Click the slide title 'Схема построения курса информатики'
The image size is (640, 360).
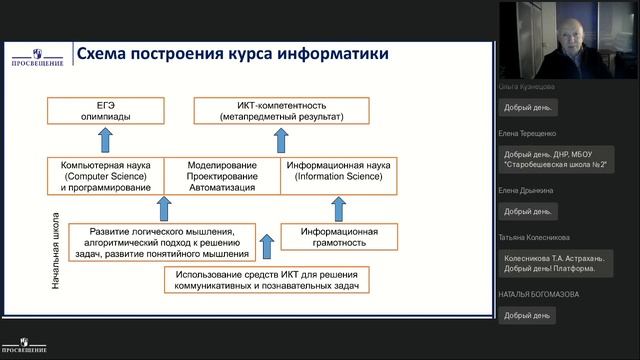[x=232, y=54]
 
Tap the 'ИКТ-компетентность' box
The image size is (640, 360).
[x=281, y=110]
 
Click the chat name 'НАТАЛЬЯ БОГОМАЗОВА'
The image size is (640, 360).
[x=541, y=295]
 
